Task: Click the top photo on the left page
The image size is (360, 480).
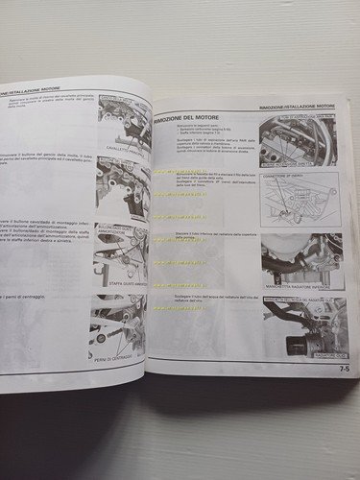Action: click(x=124, y=120)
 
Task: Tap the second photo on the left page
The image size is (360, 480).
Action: click(x=123, y=188)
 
